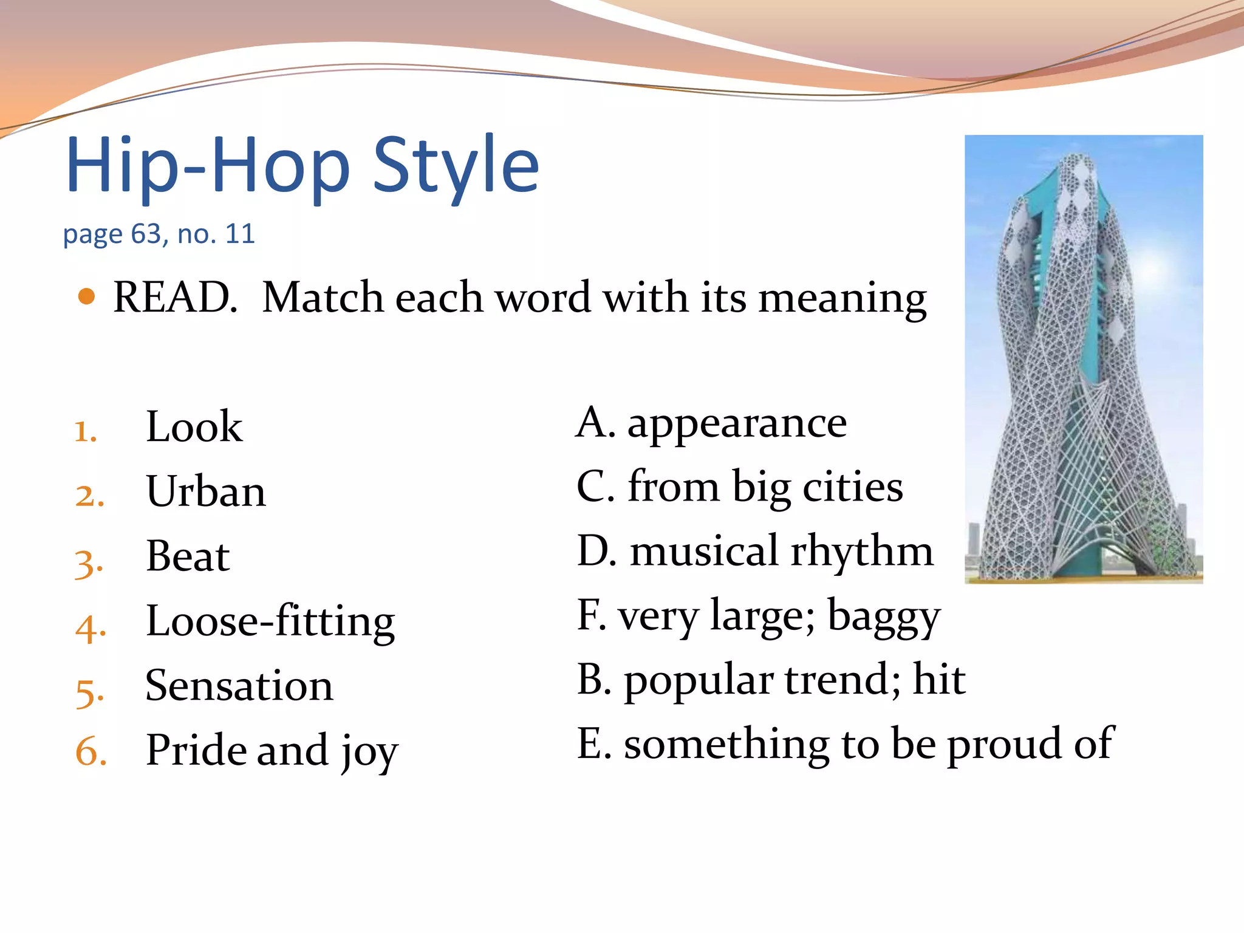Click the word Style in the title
pyautogui.click(x=456, y=165)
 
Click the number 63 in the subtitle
pyautogui.click(x=146, y=234)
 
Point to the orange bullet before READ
pyautogui.click(x=87, y=296)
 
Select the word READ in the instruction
pyautogui.click(x=175, y=298)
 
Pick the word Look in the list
pyautogui.click(x=194, y=426)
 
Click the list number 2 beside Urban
pyautogui.click(x=89, y=496)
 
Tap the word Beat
pyautogui.click(x=188, y=556)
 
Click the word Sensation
pyautogui.click(x=239, y=686)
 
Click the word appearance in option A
pyautogui.click(x=737, y=423)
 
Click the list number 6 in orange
pyautogui.click(x=91, y=752)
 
